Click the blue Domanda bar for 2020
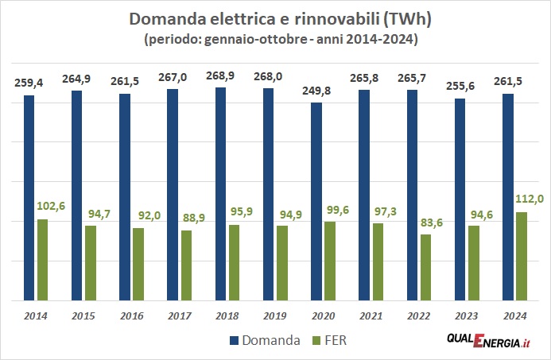(x=316, y=202)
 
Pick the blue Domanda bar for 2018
(x=220, y=194)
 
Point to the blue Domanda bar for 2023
(x=460, y=199)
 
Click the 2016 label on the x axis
(x=131, y=316)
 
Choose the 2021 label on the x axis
(x=371, y=316)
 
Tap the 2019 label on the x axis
(x=275, y=316)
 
